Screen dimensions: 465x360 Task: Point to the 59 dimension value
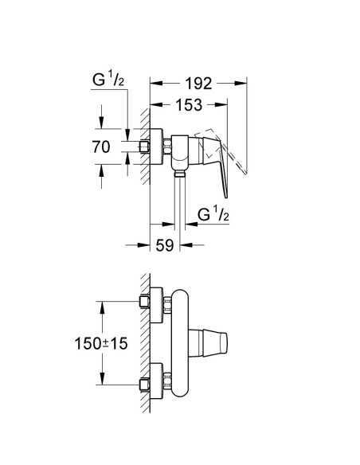click(165, 246)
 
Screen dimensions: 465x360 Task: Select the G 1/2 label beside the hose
click(212, 213)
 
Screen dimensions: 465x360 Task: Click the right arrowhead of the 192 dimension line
click(243, 82)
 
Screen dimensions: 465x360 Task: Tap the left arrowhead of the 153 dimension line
click(155, 105)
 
